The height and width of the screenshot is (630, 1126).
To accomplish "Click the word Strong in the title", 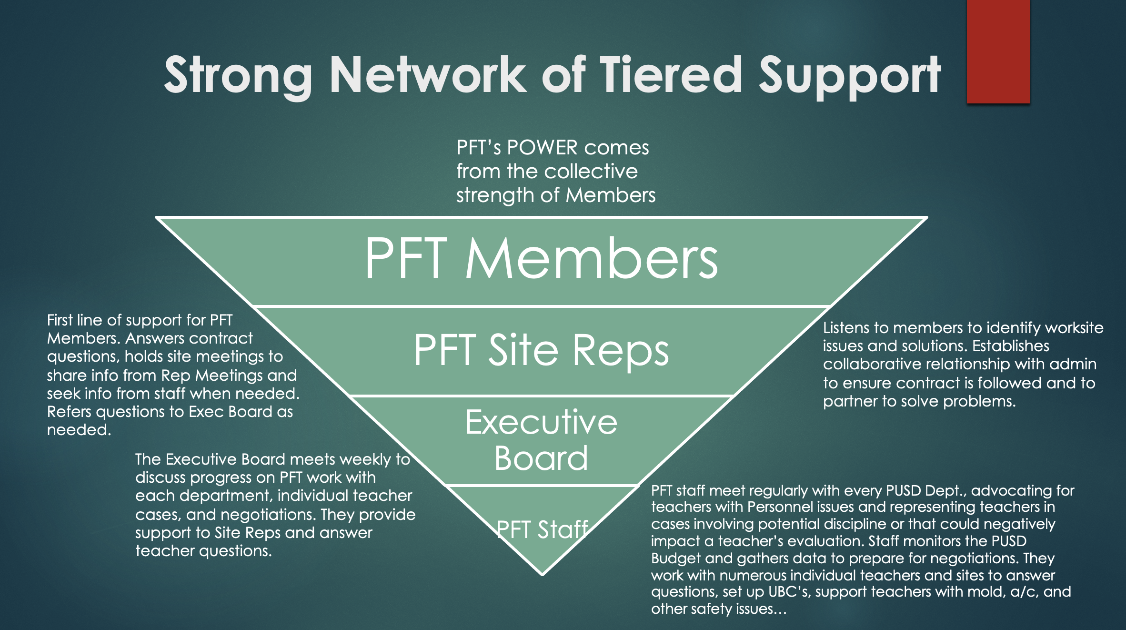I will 238,75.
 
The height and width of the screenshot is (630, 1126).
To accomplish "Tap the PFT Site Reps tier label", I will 541,350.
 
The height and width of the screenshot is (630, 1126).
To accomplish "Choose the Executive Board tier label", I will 541,440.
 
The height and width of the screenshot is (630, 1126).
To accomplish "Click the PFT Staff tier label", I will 542,529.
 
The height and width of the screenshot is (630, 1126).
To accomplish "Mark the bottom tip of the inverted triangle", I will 542,574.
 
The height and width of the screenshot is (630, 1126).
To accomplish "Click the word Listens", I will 846,328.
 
